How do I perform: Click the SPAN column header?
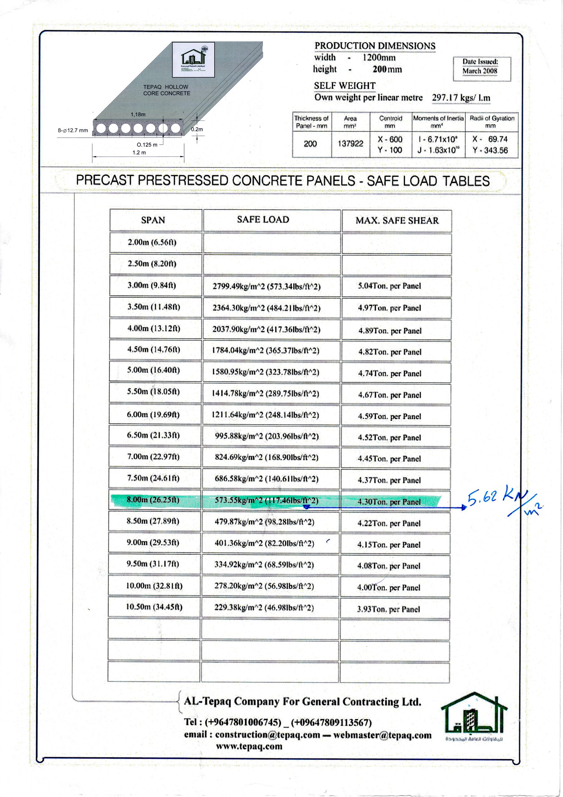click(153, 220)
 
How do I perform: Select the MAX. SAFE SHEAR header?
click(397, 220)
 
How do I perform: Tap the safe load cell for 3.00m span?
click(266, 286)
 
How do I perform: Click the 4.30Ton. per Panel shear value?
click(389, 502)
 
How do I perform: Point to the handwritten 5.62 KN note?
click(500, 498)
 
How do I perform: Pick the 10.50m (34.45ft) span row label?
click(154, 607)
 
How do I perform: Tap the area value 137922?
click(350, 143)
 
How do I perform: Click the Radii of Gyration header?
click(491, 121)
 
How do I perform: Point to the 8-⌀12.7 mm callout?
click(73, 130)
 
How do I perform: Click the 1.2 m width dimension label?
click(139, 152)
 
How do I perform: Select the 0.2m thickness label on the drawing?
click(197, 129)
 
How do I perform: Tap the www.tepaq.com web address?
click(249, 746)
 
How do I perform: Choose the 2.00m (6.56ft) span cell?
click(152, 242)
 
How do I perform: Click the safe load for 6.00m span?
click(265, 415)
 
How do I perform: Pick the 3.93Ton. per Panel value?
click(389, 609)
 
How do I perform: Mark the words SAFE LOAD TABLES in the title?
click(428, 181)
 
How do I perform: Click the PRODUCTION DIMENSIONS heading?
click(375, 46)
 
